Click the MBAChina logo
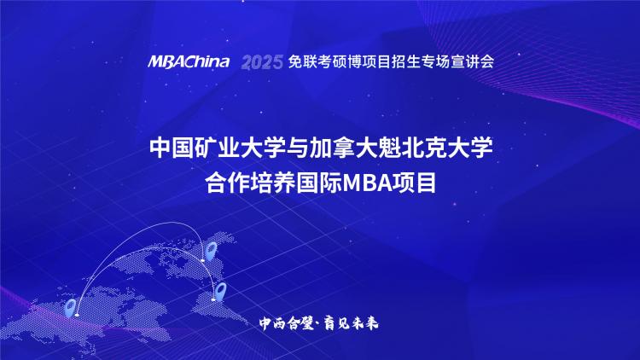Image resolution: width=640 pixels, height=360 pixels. (189, 61)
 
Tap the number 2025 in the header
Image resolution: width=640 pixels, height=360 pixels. (262, 62)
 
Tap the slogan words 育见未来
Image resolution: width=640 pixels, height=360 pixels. (351, 323)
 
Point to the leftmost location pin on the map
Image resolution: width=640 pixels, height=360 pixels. (71, 308)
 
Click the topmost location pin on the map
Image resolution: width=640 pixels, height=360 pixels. (211, 250)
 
